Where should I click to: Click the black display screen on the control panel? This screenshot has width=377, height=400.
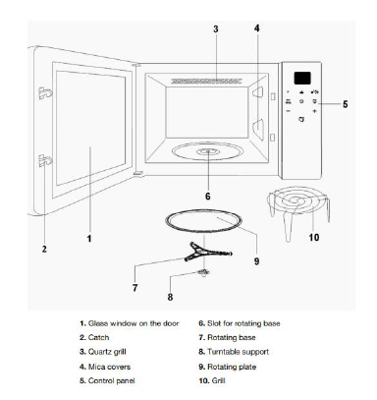[x=302, y=78]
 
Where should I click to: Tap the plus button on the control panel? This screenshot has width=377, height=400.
[x=314, y=111]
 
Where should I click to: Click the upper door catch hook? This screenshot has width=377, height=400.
[x=45, y=93]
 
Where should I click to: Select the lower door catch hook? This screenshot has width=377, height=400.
[x=45, y=160]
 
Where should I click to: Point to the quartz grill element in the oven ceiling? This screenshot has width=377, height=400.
[x=206, y=81]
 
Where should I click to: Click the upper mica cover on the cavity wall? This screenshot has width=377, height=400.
[x=258, y=92]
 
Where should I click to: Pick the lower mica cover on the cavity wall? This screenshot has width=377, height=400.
[x=258, y=129]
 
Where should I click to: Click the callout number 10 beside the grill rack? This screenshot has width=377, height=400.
[x=314, y=237]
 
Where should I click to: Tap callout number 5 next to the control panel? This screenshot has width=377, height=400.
[x=345, y=104]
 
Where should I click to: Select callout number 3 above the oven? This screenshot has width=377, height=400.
[x=216, y=29]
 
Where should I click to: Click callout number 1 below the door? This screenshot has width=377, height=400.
[x=89, y=239]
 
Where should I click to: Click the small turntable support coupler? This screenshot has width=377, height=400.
[x=203, y=272]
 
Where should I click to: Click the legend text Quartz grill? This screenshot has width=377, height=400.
[x=107, y=352]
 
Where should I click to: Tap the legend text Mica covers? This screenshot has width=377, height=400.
[x=109, y=367]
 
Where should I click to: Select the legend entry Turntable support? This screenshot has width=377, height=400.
[x=238, y=352]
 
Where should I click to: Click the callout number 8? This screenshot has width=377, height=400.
[x=170, y=297]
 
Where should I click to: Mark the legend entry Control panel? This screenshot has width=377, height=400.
[x=112, y=380]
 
